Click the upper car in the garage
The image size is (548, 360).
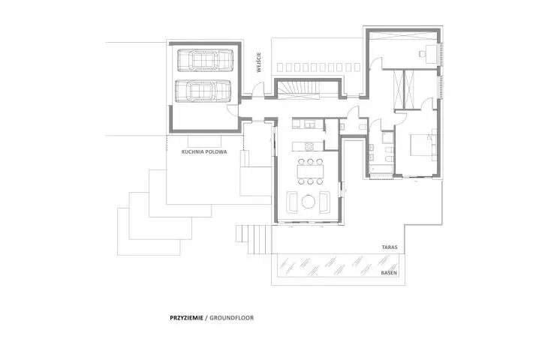tap(205, 61)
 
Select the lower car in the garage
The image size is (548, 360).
tap(203, 91)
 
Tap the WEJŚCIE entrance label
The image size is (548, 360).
tap(259, 62)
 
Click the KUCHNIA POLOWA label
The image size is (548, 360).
tap(204, 152)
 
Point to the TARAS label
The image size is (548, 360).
tap(390, 247)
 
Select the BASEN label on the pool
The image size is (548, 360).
tap(389, 273)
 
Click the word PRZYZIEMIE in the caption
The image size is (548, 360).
tap(186, 318)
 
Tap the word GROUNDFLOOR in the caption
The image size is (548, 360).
tap(232, 318)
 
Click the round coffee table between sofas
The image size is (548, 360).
tap(309, 202)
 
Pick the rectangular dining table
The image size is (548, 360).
tap(310, 172)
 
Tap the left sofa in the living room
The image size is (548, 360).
tap(292, 202)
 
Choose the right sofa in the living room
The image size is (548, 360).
tap(325, 202)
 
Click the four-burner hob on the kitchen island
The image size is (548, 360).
tap(309, 146)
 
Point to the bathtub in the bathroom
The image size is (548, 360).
tap(380, 170)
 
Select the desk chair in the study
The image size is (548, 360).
tap(422, 53)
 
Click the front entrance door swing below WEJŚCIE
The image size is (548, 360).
tap(258, 89)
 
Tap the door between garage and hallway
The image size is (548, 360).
tap(233, 111)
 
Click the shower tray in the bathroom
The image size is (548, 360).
tap(387, 137)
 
